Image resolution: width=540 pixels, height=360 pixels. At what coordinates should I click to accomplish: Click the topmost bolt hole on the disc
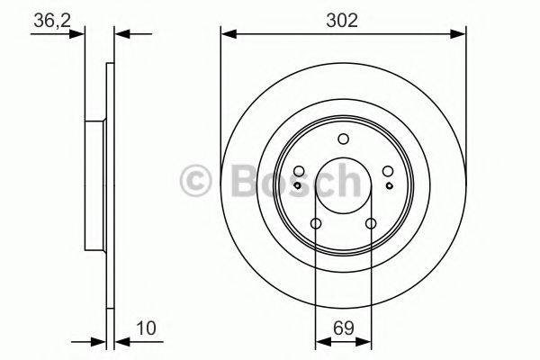pos(343,139)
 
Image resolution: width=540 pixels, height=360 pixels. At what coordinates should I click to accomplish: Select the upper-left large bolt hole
pos(299,172)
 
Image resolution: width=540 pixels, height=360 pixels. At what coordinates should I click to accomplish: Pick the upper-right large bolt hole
pos(387,172)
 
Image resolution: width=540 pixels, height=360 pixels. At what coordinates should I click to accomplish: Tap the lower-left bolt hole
pos(316,224)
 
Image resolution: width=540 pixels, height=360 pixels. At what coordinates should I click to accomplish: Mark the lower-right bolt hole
pos(370,224)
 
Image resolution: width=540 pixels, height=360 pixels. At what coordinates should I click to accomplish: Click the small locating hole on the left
pos(301,184)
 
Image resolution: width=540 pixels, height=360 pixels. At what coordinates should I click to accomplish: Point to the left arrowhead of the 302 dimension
pos(227,35)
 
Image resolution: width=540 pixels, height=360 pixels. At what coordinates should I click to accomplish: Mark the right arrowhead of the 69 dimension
pos(365,341)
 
